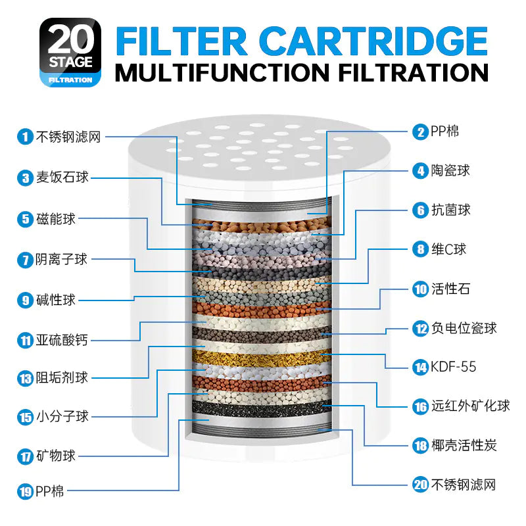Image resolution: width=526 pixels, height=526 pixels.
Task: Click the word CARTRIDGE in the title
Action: pos(373,41)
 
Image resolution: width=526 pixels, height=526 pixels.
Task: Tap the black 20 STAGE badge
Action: pos(70,52)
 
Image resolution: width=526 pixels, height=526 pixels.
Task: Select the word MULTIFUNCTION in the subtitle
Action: pos(222,72)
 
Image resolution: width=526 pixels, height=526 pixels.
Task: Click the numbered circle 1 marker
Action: pos(25,137)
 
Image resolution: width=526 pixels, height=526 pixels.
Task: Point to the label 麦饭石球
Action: pos(62,178)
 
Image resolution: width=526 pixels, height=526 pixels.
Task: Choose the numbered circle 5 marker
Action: pos(25,220)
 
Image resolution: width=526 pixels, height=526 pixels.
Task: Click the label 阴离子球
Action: pos(61,259)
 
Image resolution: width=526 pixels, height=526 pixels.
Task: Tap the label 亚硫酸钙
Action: pos(62,340)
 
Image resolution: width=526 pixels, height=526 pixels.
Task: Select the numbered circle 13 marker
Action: pos(25,379)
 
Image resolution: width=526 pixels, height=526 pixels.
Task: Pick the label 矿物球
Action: pos(56,456)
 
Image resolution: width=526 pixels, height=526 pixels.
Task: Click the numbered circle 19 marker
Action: pos(25,492)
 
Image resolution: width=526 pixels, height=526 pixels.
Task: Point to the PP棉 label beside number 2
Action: pos(444,131)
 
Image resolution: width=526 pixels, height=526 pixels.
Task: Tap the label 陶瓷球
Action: pos(450,171)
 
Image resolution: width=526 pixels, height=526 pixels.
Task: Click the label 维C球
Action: pos(448,250)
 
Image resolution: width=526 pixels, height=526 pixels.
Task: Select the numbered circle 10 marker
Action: pos(420,289)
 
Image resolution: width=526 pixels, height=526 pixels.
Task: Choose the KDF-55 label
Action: pos(453,367)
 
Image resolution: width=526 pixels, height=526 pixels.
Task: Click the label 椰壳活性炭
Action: pos(464,446)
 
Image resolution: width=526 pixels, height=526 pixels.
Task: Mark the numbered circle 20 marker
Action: pos(420,485)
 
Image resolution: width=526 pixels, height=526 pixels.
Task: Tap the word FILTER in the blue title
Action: pos(181,41)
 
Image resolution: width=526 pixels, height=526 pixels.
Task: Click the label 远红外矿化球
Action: pos(470,406)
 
